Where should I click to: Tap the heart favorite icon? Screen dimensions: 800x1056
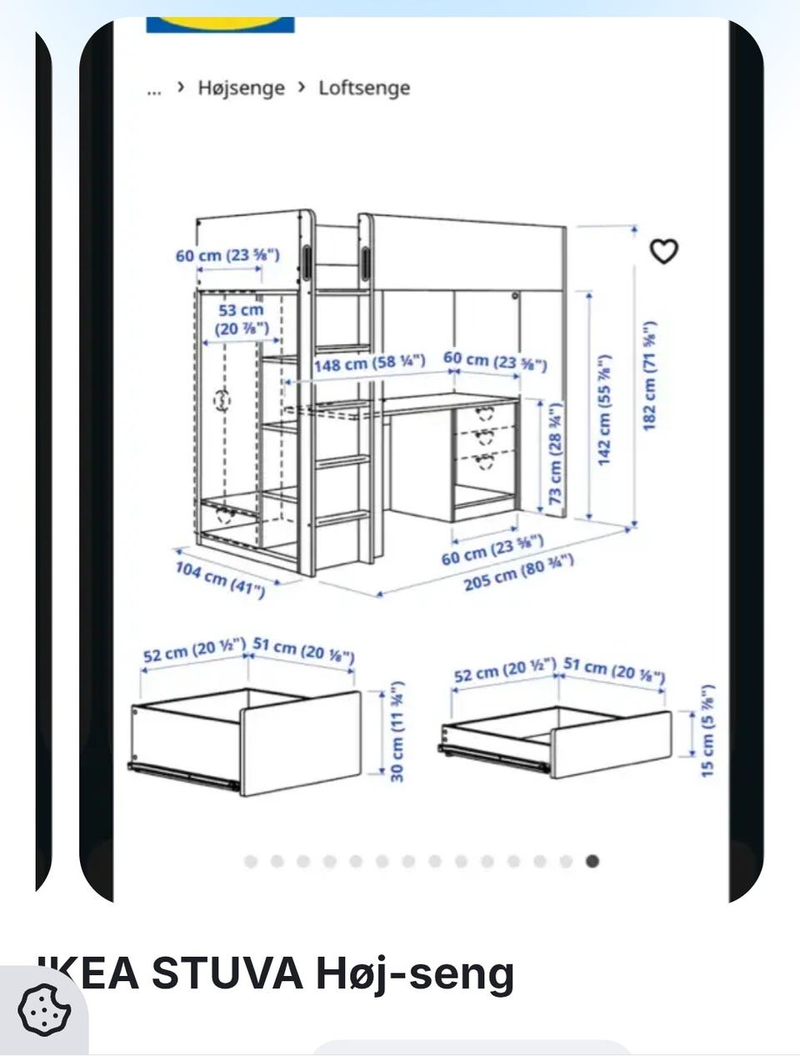[x=664, y=251]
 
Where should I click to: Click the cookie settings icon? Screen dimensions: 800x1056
[x=44, y=1009]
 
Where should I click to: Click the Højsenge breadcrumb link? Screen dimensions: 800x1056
[x=242, y=88]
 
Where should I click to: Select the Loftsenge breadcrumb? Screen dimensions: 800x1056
[x=364, y=88]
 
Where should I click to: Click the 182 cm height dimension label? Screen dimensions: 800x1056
[x=649, y=375]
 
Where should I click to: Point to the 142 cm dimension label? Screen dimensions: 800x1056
[x=604, y=410]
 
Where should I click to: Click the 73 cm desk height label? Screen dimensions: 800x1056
[x=555, y=453]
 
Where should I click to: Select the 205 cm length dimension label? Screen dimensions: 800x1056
[x=518, y=573]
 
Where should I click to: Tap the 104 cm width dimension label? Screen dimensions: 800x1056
[x=220, y=580]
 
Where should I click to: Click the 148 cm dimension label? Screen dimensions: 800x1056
[x=370, y=363]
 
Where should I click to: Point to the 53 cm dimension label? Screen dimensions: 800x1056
[x=241, y=319]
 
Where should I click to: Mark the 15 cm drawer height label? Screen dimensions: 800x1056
[x=707, y=730]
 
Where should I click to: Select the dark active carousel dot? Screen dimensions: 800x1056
[x=592, y=861]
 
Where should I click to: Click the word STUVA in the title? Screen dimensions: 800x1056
[x=227, y=973]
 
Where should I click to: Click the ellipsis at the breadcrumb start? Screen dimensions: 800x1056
[x=154, y=91]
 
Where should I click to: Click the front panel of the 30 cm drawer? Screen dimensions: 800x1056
[x=300, y=743]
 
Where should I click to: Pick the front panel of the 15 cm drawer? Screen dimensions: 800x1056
[x=611, y=744]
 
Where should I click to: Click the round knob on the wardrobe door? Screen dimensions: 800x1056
[x=222, y=400]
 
